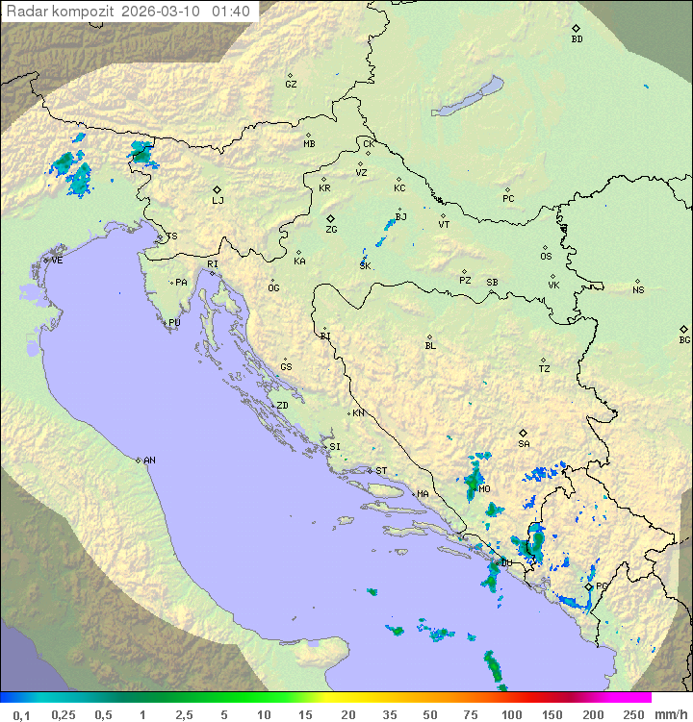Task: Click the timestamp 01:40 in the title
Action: [232, 12]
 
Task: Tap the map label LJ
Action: [218, 200]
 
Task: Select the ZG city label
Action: [331, 230]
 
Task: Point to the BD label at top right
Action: [577, 39]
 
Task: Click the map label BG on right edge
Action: [684, 339]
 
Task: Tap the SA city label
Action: [524, 443]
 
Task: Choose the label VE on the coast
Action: [57, 261]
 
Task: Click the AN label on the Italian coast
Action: [149, 461]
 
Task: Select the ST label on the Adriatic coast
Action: [381, 471]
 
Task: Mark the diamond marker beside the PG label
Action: [589, 586]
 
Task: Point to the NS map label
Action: [638, 290]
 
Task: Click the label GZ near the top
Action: [291, 84]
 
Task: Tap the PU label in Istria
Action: [174, 323]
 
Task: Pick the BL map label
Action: [430, 345]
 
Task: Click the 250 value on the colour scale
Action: [632, 714]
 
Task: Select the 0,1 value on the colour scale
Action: [21, 714]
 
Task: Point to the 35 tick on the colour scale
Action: [390, 714]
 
